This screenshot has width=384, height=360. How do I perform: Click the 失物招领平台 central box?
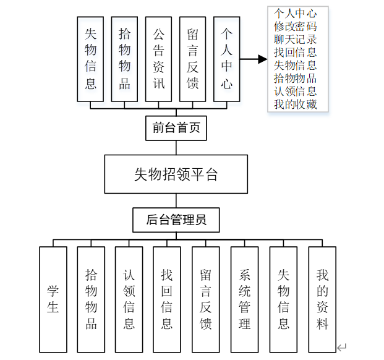(x=176, y=174)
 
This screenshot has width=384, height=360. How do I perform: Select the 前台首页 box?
(x=176, y=129)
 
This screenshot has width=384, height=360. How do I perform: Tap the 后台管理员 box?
(x=176, y=220)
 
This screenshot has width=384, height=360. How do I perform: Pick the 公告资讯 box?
(x=158, y=59)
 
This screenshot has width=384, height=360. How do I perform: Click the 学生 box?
(x=53, y=299)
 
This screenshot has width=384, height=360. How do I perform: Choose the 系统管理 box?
(x=245, y=299)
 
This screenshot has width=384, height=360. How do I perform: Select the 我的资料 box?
(x=322, y=299)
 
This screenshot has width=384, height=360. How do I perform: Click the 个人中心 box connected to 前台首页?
(x=226, y=59)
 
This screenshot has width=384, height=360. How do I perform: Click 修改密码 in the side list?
(x=296, y=27)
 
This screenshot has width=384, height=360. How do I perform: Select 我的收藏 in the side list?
(x=296, y=105)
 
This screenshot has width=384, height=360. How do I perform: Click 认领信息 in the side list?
(x=296, y=92)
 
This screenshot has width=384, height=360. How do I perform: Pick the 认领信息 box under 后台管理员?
(x=129, y=299)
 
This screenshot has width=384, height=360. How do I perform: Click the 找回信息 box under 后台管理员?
(x=167, y=299)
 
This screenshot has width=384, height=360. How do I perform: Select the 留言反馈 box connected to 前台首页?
(x=192, y=59)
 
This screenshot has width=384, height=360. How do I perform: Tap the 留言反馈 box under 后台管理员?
(x=206, y=299)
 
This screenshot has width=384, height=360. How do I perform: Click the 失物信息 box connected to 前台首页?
(x=90, y=59)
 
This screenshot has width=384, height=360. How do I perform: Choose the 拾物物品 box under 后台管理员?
(x=91, y=299)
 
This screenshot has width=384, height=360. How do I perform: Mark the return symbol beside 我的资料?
(x=342, y=348)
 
